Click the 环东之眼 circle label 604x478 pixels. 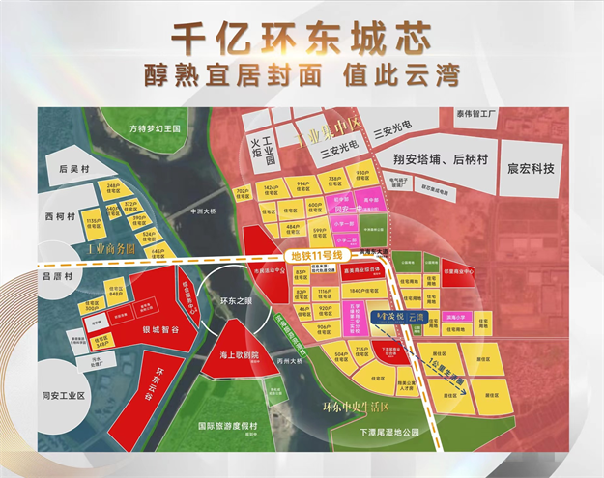tap(237, 300)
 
